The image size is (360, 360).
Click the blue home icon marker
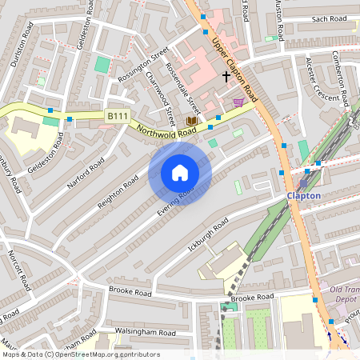pos(180,173)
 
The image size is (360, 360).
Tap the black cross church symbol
pos(226,77)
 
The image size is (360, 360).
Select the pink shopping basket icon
pos(238,102)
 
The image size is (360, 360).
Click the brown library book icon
pos(191,121)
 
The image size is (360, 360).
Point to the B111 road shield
pos(118,117)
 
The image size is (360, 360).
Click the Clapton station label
pos(304,195)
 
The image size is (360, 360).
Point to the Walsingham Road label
pos(145,332)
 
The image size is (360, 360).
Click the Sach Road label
pos(327,18)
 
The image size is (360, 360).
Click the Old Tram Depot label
pos(344,294)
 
